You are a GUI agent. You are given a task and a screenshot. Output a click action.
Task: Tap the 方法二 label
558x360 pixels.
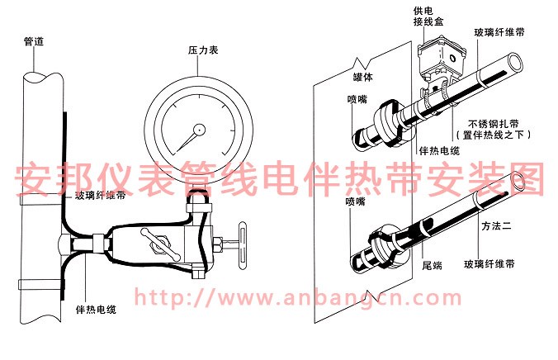(497, 224)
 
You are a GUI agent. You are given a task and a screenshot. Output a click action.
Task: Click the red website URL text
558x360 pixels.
(297, 297)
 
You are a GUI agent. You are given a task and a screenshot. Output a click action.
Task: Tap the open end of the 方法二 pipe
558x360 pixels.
(521, 181)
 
